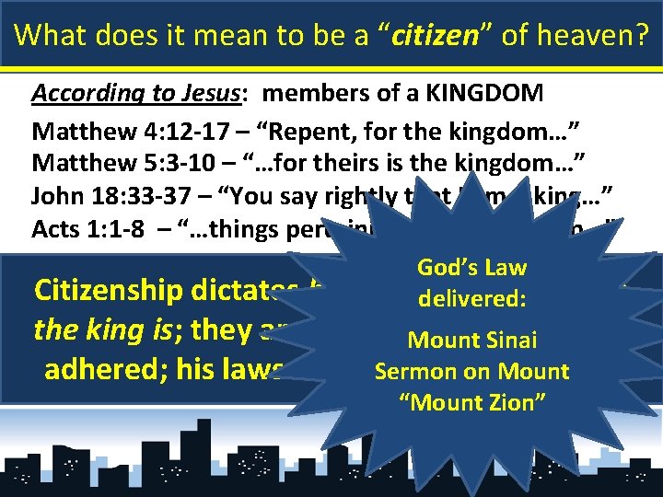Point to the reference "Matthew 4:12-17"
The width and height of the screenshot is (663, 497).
coord(103,129)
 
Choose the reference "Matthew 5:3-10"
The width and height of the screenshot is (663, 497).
coord(100,163)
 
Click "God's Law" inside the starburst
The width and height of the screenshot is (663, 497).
coord(471,268)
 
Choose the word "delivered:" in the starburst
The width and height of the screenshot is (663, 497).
coord(471,299)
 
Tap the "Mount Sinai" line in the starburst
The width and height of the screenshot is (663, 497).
coord(472,341)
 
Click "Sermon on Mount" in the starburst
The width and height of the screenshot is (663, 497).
coord(471,372)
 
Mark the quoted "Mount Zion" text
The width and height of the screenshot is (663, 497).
coord(471,403)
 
